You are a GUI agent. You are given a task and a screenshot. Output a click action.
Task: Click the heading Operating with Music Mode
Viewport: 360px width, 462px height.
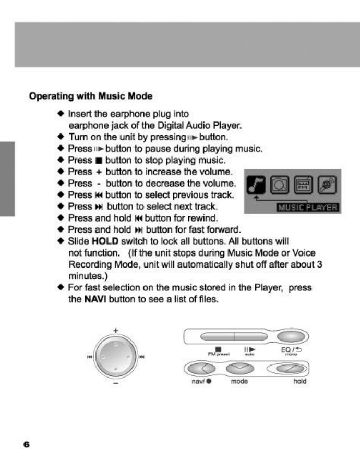91,96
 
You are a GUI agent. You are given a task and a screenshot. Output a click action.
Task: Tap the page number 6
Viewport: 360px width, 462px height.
26,444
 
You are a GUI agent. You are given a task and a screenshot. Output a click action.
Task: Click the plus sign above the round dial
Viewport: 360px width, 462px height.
116,330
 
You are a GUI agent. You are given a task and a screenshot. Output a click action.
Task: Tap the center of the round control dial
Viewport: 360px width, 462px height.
116,357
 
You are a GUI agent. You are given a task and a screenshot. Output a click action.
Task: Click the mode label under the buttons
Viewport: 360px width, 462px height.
239,382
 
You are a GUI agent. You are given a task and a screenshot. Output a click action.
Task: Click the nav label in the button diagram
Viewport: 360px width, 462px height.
197,382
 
